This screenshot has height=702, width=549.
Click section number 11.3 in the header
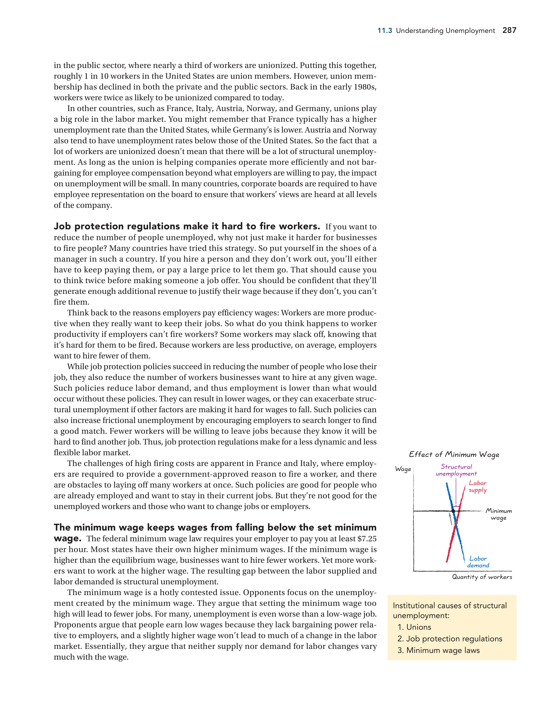tap(385, 31)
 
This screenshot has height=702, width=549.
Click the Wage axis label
tap(403, 469)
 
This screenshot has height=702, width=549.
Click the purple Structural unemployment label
tap(456, 470)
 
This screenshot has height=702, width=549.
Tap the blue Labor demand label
tap(478, 562)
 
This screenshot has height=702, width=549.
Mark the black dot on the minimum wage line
tap(453, 511)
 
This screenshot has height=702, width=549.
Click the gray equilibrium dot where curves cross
tap(456, 523)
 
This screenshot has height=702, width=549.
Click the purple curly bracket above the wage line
tap(456, 507)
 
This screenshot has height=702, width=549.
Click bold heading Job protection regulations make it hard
tap(186, 226)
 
